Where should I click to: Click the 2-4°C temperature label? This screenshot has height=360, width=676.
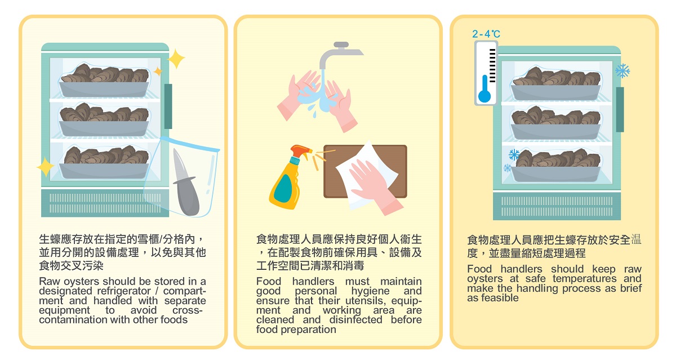click(486, 34)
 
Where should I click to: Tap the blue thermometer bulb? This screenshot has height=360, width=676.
click(484, 96)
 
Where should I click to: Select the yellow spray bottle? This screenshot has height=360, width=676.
click(287, 178)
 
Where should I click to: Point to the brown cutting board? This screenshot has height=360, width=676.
click(365, 171)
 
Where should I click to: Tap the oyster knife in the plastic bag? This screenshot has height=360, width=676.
click(185, 183)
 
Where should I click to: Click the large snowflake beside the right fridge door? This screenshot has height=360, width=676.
click(622, 71)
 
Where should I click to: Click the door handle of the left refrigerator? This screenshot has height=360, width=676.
click(168, 106)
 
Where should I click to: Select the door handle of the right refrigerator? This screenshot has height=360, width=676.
click(620, 109)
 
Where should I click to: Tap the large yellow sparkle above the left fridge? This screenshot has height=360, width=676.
click(176, 59)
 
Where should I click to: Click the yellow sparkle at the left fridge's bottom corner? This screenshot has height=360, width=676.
click(45, 166)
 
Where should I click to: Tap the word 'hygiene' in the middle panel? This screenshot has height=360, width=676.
click(370, 291)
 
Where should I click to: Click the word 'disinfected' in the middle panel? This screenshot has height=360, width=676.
click(356, 319)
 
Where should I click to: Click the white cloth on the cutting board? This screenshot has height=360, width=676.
click(367, 175)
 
